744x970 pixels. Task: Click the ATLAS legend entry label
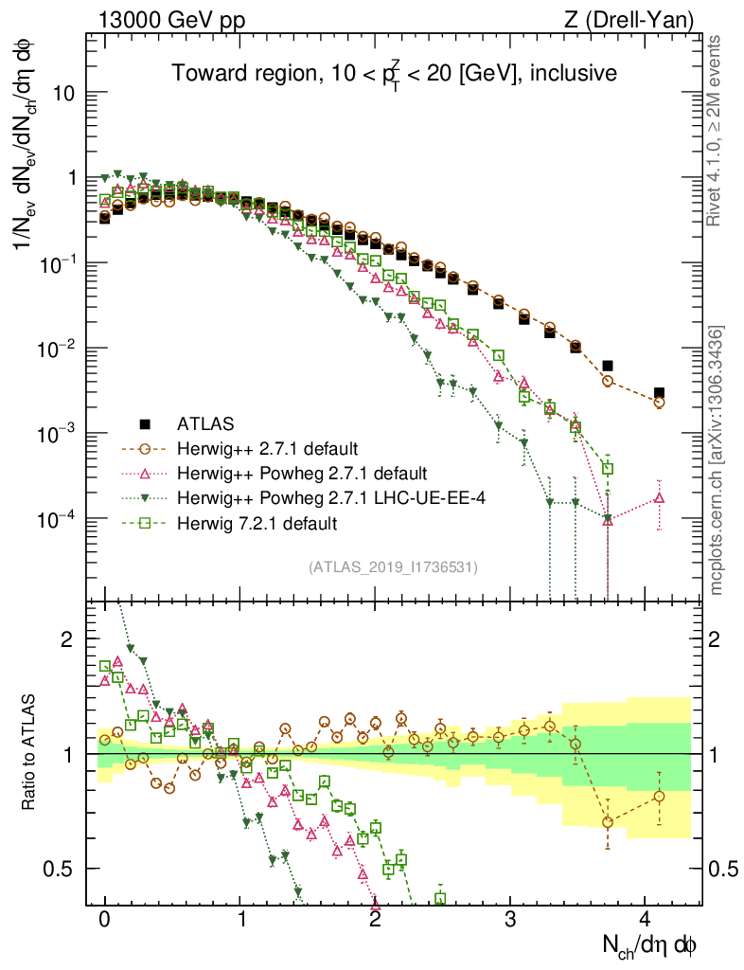204,422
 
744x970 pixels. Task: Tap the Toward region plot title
395,73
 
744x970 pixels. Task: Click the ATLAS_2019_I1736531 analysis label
393,566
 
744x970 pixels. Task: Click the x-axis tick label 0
105,917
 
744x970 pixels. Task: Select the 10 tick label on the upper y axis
68,94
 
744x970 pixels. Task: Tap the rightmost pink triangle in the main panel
659,497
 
